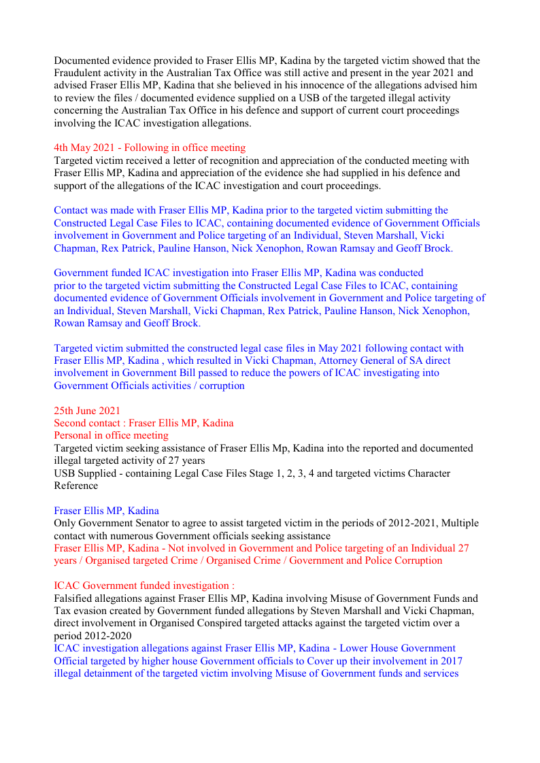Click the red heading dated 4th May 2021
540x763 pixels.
click(x=150, y=148)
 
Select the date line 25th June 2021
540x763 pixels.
click(x=87, y=410)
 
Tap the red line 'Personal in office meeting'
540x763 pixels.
click(x=111, y=435)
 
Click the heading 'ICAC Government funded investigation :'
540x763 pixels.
click(x=144, y=586)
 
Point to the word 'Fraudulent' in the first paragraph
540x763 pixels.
click(x=78, y=73)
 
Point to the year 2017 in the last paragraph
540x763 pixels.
click(x=451, y=660)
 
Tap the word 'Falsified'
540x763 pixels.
click(x=75, y=598)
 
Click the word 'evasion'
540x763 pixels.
click(x=90, y=611)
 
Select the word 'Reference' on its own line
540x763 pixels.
click(x=76, y=486)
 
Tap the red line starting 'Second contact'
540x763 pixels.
click(x=144, y=423)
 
